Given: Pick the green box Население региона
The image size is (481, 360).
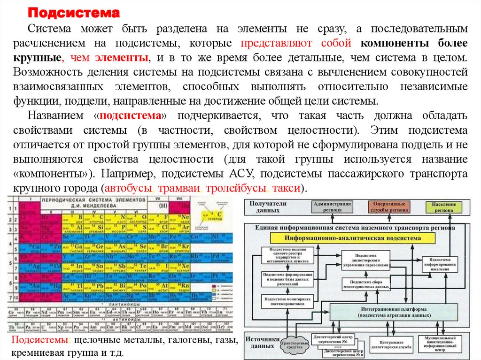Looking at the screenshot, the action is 444,207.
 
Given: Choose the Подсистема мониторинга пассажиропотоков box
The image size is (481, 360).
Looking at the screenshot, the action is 288,301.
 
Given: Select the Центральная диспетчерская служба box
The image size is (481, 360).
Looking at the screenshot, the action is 390,345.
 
